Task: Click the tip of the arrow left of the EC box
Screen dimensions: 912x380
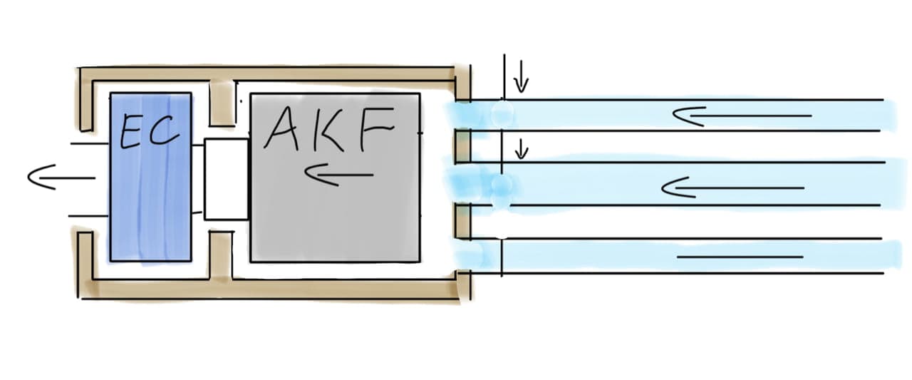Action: [28, 178]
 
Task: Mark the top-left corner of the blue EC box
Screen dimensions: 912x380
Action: [110, 93]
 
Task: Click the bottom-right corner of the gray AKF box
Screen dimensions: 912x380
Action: [420, 262]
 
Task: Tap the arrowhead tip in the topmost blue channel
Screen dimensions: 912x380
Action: [673, 115]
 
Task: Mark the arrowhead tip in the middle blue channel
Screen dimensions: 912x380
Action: [662, 188]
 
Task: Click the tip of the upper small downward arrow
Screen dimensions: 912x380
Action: [521, 92]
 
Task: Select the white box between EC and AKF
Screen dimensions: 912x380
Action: [227, 179]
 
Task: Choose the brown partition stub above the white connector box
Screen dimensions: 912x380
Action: [222, 104]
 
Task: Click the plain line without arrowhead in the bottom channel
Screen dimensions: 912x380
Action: [740, 257]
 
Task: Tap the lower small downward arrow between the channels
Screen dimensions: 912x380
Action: [521, 149]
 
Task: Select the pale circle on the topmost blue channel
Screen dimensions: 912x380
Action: [502, 113]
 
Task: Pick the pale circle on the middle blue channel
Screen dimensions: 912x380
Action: [502, 185]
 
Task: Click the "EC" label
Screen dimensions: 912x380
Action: [150, 131]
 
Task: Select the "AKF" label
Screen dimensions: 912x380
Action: [329, 129]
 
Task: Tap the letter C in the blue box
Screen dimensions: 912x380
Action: [165, 130]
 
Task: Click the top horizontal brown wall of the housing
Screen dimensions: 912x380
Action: [266, 73]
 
